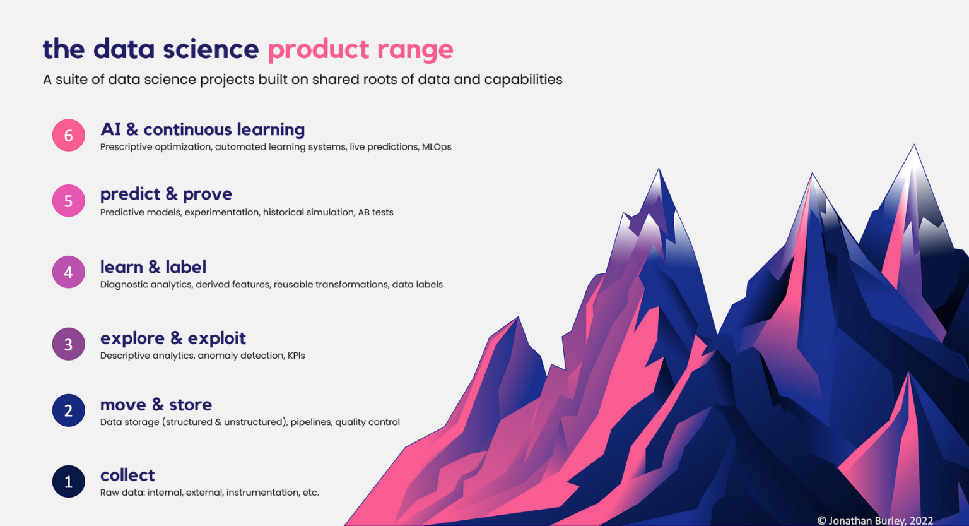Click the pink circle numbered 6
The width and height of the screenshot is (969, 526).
pyautogui.click(x=69, y=135)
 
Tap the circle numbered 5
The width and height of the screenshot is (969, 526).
pyautogui.click(x=69, y=201)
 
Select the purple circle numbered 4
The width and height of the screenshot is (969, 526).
pyautogui.click(x=69, y=272)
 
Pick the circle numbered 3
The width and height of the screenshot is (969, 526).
pyautogui.click(x=69, y=344)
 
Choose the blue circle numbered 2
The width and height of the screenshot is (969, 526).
pyautogui.click(x=69, y=410)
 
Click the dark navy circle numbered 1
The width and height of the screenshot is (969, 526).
pyautogui.click(x=69, y=482)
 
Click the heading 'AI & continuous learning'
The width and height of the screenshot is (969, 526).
pyautogui.click(x=203, y=129)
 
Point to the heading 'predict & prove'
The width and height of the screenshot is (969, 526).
pyautogui.click(x=166, y=194)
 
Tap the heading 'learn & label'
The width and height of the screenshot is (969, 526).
pyautogui.click(x=153, y=266)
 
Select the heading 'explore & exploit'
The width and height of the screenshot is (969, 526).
pyautogui.click(x=173, y=338)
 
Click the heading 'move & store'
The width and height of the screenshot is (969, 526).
pyautogui.click(x=156, y=405)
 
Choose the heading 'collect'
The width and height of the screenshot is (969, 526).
pyautogui.click(x=127, y=475)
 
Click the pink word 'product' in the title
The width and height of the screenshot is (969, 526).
pyautogui.click(x=319, y=49)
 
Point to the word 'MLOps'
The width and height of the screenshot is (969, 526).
pyautogui.click(x=437, y=147)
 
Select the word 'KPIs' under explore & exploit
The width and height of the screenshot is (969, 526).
pyautogui.click(x=296, y=356)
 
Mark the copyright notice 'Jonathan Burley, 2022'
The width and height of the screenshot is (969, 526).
pyautogui.click(x=880, y=520)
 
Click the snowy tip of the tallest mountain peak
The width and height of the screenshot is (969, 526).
pyautogui.click(x=913, y=155)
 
